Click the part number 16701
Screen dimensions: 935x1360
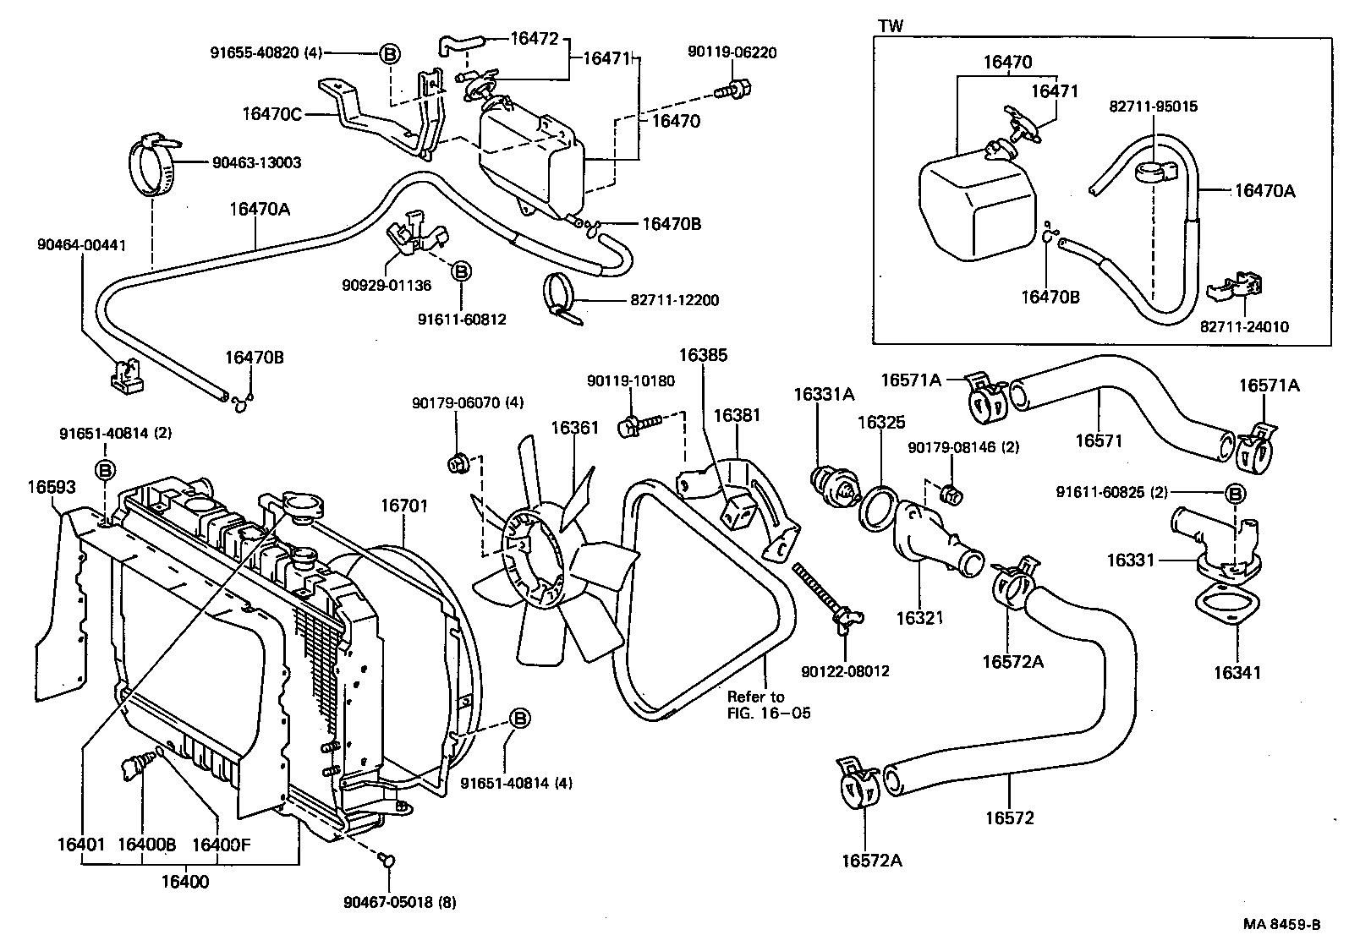click(403, 506)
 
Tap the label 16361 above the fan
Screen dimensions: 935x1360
click(574, 429)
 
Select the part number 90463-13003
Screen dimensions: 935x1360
click(250, 162)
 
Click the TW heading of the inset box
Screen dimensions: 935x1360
click(891, 26)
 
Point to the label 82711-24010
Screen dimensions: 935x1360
click(1244, 326)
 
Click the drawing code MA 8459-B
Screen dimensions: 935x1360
click(1281, 924)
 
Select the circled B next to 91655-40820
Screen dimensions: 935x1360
click(390, 53)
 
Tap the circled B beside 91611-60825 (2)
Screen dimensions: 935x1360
click(1234, 493)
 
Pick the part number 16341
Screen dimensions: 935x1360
click(1237, 673)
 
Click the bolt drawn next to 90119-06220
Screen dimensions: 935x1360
click(735, 87)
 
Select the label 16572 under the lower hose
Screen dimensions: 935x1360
click(1009, 817)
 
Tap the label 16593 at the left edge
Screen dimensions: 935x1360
click(51, 487)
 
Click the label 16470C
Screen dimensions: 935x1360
click(271, 115)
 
